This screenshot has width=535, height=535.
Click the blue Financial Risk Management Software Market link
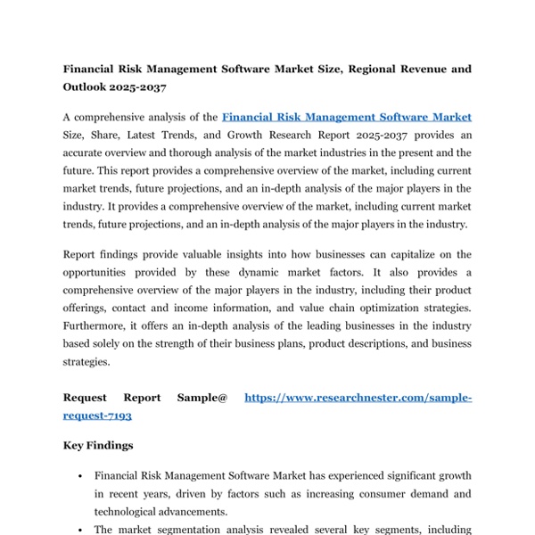[346, 117]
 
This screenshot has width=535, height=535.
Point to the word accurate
[85, 152]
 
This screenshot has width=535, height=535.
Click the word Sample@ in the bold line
[202, 398]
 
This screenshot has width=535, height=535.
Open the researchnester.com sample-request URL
[357, 398]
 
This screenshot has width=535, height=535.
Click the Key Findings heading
[98, 445]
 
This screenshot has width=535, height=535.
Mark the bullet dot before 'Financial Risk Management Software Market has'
[81, 477]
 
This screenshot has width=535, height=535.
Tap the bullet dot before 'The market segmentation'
[81, 530]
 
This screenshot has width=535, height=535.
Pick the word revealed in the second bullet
[312, 530]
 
